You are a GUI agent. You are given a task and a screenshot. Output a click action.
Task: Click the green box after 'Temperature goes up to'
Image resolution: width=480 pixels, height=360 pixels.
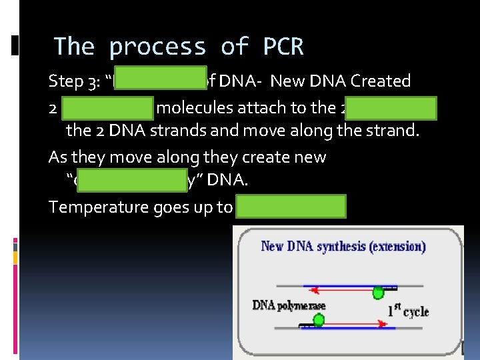click(291, 207)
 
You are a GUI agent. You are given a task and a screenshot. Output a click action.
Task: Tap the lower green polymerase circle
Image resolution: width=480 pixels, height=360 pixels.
click(319, 321)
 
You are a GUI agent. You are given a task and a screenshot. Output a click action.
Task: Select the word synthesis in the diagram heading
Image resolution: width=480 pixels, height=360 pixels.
click(333, 246)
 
